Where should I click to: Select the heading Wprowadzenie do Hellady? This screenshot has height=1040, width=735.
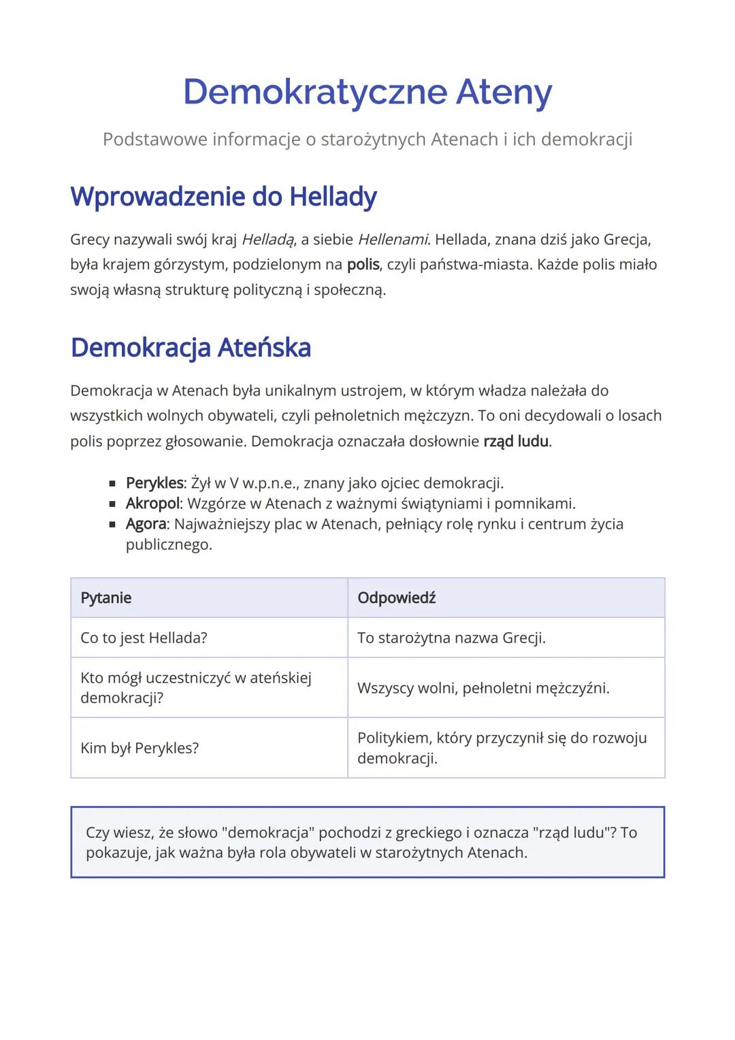(223, 197)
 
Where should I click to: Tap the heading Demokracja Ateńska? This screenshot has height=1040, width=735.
(191, 347)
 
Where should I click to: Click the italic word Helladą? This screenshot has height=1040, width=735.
(268, 240)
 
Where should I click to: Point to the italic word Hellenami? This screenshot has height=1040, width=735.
(393, 240)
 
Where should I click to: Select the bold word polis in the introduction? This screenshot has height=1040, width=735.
(363, 264)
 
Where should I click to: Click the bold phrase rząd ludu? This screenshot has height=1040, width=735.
(516, 441)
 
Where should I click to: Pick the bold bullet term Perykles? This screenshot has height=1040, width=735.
(154, 483)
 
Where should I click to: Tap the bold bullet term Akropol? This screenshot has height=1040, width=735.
(152, 504)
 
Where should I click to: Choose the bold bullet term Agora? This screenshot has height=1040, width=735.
(146, 524)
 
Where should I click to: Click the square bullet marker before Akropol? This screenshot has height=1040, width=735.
(112, 504)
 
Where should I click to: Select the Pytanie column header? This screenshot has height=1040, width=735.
(106, 598)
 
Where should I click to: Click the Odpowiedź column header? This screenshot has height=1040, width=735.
(396, 598)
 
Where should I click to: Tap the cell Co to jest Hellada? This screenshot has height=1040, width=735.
(144, 638)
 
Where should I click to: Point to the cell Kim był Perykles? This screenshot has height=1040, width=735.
(140, 748)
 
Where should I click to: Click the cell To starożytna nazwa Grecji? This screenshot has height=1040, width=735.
(451, 638)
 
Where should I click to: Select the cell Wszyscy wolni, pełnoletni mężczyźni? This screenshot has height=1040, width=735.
(483, 688)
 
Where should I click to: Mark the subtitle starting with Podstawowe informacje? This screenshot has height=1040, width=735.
(367, 139)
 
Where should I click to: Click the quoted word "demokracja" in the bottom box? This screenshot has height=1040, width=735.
(267, 832)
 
